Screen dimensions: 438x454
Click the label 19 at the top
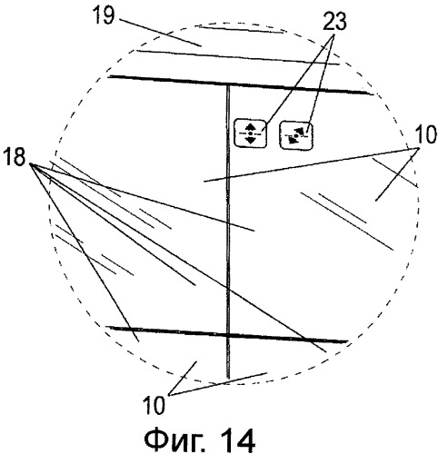click(x=104, y=15)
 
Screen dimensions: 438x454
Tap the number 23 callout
click(x=334, y=22)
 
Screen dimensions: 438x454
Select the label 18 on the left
click(x=14, y=158)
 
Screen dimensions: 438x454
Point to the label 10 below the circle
click(x=154, y=405)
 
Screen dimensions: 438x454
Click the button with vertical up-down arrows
click(x=250, y=133)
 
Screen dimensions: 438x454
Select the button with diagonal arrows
click(x=296, y=135)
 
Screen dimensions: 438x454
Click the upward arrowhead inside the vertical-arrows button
click(x=250, y=127)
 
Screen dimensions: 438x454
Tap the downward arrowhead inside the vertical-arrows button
click(x=250, y=140)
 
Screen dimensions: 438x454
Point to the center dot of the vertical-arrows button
click(x=250, y=133)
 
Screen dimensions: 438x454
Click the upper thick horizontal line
click(x=241, y=85)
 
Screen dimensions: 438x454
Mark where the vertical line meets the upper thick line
click(x=228, y=84)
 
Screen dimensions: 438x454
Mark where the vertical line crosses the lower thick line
click(x=228, y=335)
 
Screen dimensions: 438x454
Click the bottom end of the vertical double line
click(x=228, y=378)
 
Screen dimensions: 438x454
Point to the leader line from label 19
click(x=160, y=33)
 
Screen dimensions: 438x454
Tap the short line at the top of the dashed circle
click(x=240, y=29)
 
